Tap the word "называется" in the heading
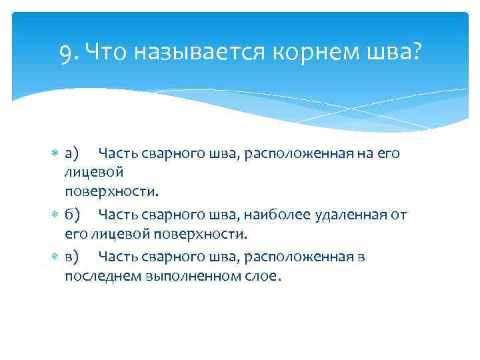coord(194,51)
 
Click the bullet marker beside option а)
coord(55,154)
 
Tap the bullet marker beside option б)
coord(55,215)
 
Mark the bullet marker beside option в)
coord(55,257)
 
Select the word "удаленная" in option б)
coord(339,215)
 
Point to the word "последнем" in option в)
coord(100,276)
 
